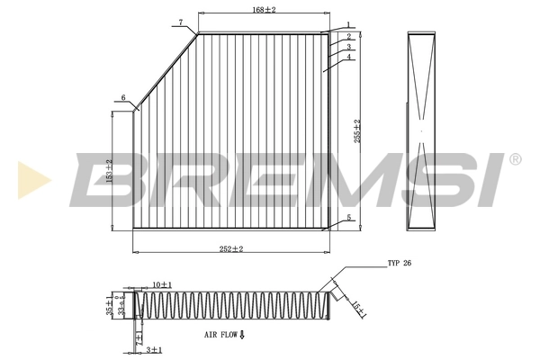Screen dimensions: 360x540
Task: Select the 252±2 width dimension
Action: click(x=232, y=248)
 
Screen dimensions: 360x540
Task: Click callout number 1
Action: click(x=347, y=25)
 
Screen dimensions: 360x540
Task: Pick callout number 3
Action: click(x=347, y=47)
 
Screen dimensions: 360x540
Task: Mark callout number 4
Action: click(x=347, y=58)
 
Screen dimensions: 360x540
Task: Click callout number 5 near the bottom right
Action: click(x=348, y=218)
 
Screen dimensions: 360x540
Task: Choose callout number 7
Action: click(x=180, y=22)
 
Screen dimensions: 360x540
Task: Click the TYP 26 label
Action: click(x=399, y=264)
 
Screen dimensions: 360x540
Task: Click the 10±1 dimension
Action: click(x=162, y=284)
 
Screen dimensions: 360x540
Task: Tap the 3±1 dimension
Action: click(x=155, y=348)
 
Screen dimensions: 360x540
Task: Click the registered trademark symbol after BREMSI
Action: click(x=515, y=159)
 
